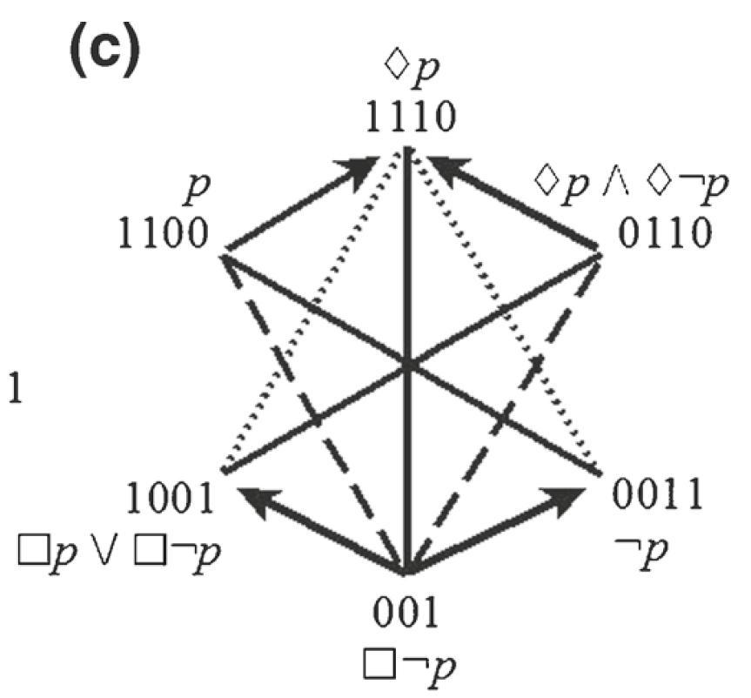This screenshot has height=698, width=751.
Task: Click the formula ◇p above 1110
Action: pyautogui.click(x=409, y=71)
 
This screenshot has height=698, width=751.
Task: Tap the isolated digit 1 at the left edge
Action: pyautogui.click(x=14, y=386)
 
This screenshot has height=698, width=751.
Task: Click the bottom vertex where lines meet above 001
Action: pyautogui.click(x=407, y=571)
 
